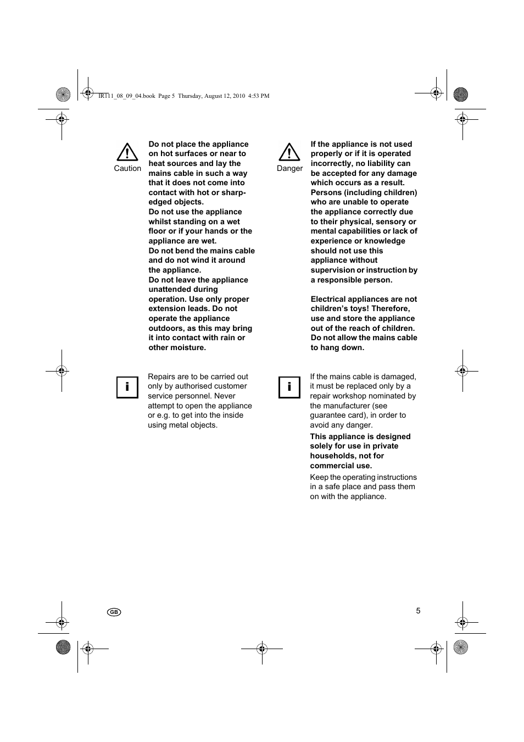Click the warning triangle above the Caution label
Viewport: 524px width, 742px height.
[x=127, y=152]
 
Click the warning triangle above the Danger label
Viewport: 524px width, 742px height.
[x=289, y=152]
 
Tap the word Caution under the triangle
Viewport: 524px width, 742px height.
[x=127, y=169]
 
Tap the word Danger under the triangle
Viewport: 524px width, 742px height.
[x=289, y=169]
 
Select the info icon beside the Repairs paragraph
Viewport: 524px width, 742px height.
[x=127, y=387]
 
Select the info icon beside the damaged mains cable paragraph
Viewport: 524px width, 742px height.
[x=289, y=387]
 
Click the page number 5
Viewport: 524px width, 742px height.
[x=418, y=611]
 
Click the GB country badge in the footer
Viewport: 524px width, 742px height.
[x=114, y=612]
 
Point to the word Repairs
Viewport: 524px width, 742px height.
[x=161, y=376]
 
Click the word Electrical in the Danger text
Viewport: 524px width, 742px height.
[x=328, y=299]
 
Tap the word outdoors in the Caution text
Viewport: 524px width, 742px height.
[x=166, y=328]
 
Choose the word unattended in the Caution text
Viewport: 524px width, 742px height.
[x=171, y=290]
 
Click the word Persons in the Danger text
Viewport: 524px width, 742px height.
[x=326, y=192]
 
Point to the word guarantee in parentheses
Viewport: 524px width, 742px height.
[x=327, y=416]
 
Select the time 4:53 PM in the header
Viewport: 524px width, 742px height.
[x=259, y=96]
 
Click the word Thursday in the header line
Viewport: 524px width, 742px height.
[x=190, y=96]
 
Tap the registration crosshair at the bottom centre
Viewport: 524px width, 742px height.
[x=262, y=649]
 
